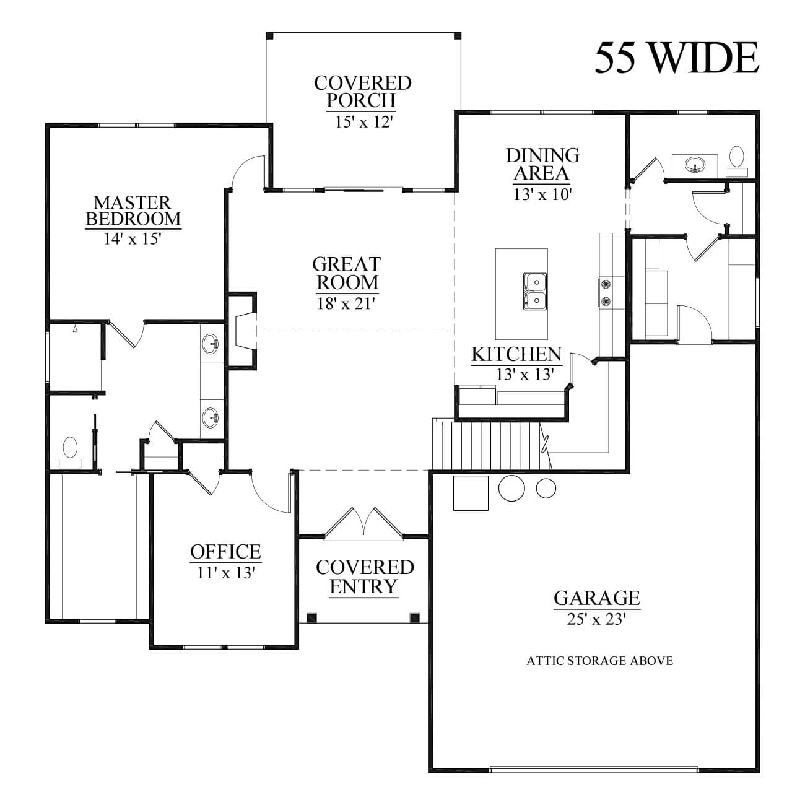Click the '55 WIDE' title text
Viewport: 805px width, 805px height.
pyautogui.click(x=676, y=58)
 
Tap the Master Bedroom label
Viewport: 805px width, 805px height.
pyautogui.click(x=133, y=211)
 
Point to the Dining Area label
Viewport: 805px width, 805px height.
pyautogui.click(x=542, y=163)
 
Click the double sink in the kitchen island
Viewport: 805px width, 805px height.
pyautogui.click(x=534, y=291)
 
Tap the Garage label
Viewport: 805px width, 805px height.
pyautogui.click(x=596, y=598)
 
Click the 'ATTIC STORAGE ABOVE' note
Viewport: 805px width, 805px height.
pyautogui.click(x=599, y=661)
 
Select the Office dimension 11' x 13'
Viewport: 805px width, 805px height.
pyautogui.click(x=225, y=573)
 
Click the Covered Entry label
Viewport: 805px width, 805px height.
pyautogui.click(x=364, y=577)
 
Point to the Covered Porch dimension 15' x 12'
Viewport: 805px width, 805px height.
pyautogui.click(x=363, y=122)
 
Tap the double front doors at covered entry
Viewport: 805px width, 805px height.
pyautogui.click(x=364, y=521)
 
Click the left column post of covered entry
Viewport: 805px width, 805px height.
pyautogui.click(x=311, y=617)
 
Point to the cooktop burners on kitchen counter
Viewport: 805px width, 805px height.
pyautogui.click(x=606, y=292)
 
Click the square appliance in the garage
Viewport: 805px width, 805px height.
pyautogui.click(x=471, y=493)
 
